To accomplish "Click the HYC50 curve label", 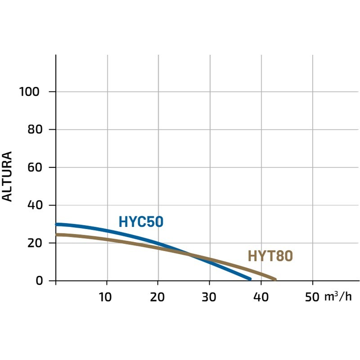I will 141,222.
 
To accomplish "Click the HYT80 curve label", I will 270,256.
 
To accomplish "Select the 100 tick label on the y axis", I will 30,92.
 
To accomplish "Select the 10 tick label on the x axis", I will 107,297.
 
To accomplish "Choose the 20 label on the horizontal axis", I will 158,297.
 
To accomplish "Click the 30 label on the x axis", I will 209,297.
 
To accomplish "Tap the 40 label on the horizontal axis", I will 261,297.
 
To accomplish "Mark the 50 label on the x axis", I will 312,297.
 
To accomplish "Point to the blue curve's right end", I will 250,279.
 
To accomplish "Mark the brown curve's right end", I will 274,279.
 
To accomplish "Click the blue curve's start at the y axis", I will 57,224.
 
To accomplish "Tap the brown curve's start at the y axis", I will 57,234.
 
